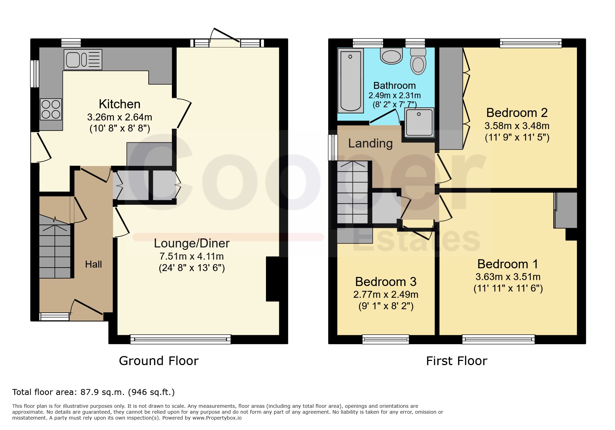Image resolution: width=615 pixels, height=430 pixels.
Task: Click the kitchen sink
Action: pyautogui.click(x=83, y=59)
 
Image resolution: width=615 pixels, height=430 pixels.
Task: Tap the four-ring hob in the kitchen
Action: pyautogui.click(x=51, y=109)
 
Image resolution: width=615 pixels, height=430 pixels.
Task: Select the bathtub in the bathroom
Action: pyautogui.click(x=350, y=81)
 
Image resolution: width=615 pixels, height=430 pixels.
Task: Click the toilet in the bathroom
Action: pyautogui.click(x=418, y=61)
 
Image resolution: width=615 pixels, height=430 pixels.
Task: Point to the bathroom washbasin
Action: pyautogui.click(x=391, y=56)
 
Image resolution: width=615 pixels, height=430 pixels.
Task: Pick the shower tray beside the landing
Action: pyautogui.click(x=419, y=122)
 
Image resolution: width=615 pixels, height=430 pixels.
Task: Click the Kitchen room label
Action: pyautogui.click(x=119, y=104)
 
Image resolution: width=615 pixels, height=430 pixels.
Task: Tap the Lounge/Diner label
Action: pyautogui.click(x=192, y=243)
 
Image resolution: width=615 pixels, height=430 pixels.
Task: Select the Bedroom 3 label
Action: pyautogui.click(x=386, y=281)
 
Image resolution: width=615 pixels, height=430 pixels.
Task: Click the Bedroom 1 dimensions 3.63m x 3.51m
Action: pyautogui.click(x=508, y=277)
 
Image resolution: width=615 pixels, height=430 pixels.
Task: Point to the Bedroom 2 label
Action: pyautogui.click(x=517, y=112)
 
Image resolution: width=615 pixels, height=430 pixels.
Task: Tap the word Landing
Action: pyautogui.click(x=371, y=143)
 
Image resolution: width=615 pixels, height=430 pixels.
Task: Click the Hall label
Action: pyautogui.click(x=93, y=264)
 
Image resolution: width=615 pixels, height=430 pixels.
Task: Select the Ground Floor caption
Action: pyautogui.click(x=159, y=361)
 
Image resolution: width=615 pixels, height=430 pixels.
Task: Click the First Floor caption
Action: pyautogui.click(x=457, y=361)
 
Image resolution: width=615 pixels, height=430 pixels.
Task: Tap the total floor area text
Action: pyautogui.click(x=93, y=392)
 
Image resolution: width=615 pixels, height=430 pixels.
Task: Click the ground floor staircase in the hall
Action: pyautogui.click(x=55, y=246)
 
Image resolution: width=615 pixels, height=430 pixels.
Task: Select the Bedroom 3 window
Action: pyautogui.click(x=385, y=339)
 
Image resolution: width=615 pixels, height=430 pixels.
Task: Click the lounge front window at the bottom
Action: pyautogui.click(x=181, y=339)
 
